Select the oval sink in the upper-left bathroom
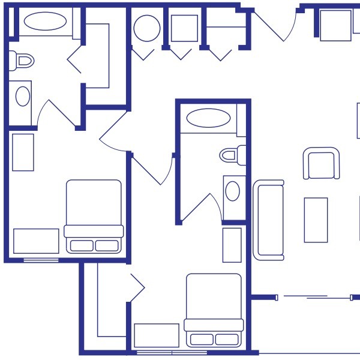click(x=23, y=96)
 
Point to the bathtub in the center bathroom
click(x=208, y=118)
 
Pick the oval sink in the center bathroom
click(x=232, y=191)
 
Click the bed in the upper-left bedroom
click(x=94, y=216)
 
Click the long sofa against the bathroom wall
click(x=268, y=220)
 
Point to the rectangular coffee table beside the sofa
click(x=316, y=220)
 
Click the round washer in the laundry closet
click(x=146, y=28)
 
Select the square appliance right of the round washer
click(x=184, y=28)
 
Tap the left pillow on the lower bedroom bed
click(x=202, y=340)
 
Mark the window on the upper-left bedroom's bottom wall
click(x=41, y=260)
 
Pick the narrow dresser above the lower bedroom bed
click(x=232, y=245)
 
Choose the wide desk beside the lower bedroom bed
click(x=157, y=335)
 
